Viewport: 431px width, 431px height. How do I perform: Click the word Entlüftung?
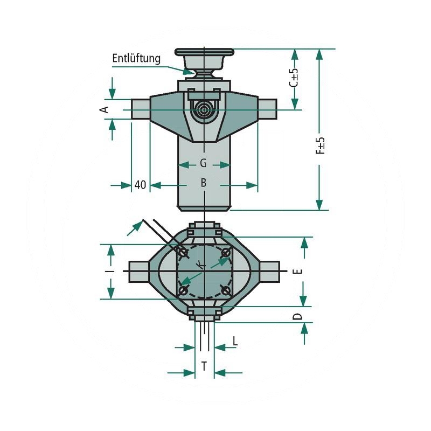pyautogui.click(x=136, y=58)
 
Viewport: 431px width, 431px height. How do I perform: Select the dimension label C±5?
pyautogui.click(x=294, y=78)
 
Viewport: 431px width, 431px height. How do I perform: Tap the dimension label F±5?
pyautogui.click(x=320, y=145)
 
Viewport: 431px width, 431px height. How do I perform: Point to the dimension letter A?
pyautogui.click(x=105, y=109)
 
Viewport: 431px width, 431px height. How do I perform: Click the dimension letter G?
pyautogui.click(x=203, y=163)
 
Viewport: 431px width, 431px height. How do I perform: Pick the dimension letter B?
pyautogui.click(x=204, y=184)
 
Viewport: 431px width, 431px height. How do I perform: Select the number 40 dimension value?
pyautogui.click(x=140, y=185)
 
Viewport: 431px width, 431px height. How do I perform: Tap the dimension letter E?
pyautogui.click(x=300, y=271)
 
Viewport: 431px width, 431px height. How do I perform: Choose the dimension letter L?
pyautogui.click(x=235, y=340)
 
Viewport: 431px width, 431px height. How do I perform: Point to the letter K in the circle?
pyautogui.click(x=200, y=265)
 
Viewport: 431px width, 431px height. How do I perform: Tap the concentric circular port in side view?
pyautogui.click(x=204, y=109)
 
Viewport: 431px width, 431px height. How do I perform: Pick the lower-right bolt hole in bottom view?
pyautogui.click(x=226, y=290)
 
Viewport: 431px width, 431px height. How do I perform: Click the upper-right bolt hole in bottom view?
pyautogui.click(x=226, y=252)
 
